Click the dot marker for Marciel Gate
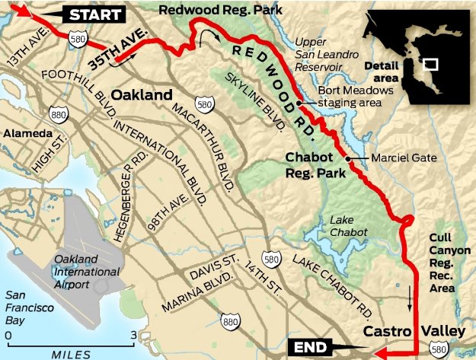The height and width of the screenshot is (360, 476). tap(347, 159)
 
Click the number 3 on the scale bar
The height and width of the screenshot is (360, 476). tap(133, 334)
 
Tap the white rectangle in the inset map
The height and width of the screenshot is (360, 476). tap(430, 64)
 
